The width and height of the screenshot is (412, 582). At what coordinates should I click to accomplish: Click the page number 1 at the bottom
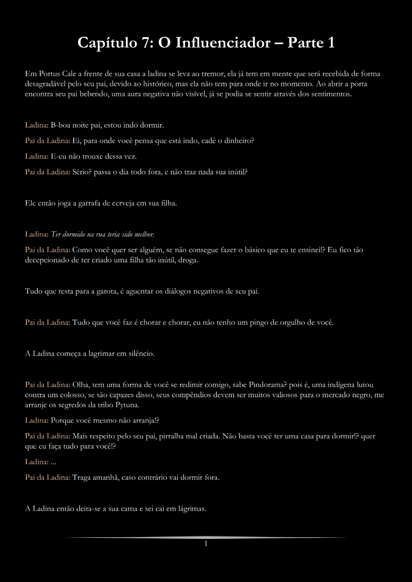pos(206,544)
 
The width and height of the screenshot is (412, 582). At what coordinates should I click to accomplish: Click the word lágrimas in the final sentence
pos(192,508)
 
